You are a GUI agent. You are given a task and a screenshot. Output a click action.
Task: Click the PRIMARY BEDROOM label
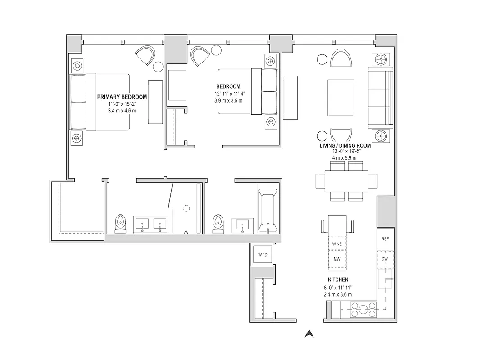pyautogui.click(x=122, y=97)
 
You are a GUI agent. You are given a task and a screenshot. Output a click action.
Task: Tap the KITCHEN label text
pyautogui.click(x=338, y=279)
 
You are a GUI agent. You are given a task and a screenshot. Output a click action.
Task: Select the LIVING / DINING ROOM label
pyautogui.click(x=345, y=145)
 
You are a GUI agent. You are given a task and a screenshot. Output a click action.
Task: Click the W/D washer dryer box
pyautogui.click(x=263, y=255)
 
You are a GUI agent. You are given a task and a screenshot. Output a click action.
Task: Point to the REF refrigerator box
pyautogui.click(x=385, y=239)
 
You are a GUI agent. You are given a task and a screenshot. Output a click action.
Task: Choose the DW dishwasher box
pyautogui.click(x=385, y=259)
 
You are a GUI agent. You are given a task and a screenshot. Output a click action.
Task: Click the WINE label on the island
pyautogui.click(x=337, y=244)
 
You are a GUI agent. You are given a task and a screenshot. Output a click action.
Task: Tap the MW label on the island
pyautogui.click(x=337, y=259)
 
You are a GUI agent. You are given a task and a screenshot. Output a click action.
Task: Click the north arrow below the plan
pyautogui.click(x=309, y=333)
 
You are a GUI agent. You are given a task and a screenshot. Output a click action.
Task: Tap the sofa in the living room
pyautogui.click(x=381, y=98)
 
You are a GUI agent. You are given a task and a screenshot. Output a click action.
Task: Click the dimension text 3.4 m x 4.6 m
pyautogui.click(x=122, y=111)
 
